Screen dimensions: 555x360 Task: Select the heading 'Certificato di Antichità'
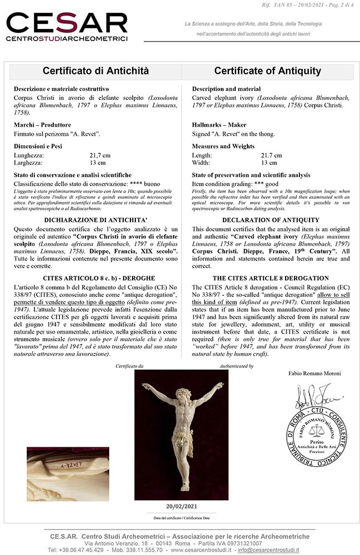click(96, 71)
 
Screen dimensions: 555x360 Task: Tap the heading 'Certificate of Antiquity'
click(267, 71)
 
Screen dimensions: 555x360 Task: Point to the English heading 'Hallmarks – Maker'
click(219, 125)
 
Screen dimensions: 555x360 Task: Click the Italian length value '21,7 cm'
click(100, 156)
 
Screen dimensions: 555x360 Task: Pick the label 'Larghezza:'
click(29, 163)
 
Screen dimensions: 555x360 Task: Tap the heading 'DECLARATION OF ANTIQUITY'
click(268, 220)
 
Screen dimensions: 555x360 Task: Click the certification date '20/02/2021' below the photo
click(181, 506)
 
